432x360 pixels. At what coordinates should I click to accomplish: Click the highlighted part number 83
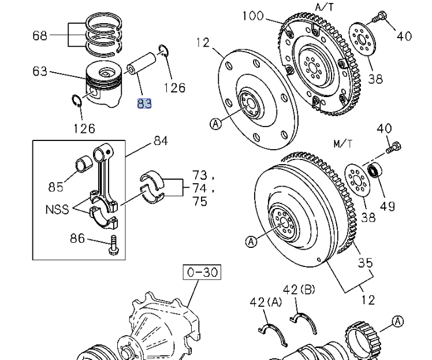coord(144,104)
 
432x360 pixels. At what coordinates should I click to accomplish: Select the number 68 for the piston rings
coord(40,35)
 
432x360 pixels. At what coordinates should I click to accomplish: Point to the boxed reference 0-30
coord(202,272)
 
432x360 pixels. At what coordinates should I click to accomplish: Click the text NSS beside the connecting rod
coord(56,210)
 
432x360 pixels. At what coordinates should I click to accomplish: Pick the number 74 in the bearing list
coord(199,188)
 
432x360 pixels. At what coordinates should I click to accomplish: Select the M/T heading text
coord(342,143)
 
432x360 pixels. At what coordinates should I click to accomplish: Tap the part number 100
coord(253,16)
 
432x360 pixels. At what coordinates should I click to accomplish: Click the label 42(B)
coord(299,290)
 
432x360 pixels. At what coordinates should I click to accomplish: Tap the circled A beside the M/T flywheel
coord(251,243)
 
